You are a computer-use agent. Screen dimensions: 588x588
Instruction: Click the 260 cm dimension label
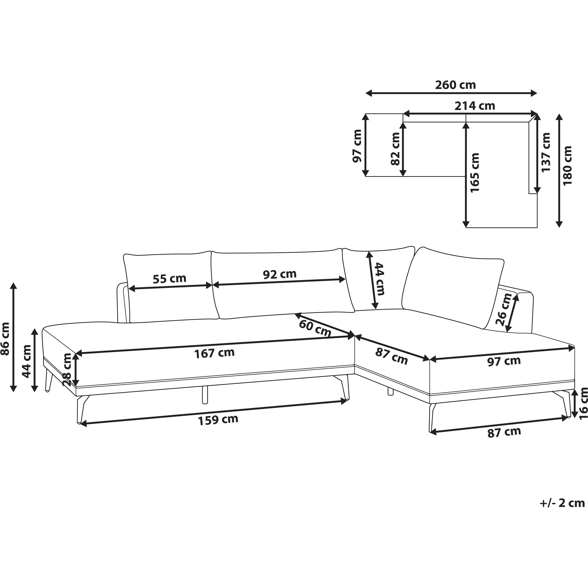[455, 85]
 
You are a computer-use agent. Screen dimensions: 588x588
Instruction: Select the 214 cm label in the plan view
[475, 106]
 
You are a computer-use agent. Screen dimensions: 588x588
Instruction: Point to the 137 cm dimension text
[546, 152]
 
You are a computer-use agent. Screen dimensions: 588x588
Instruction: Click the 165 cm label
[475, 173]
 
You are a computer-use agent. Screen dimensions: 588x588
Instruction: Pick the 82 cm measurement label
[395, 149]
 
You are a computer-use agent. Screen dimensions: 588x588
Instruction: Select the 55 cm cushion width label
[169, 279]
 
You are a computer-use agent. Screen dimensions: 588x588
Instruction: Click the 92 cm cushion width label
[280, 274]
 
